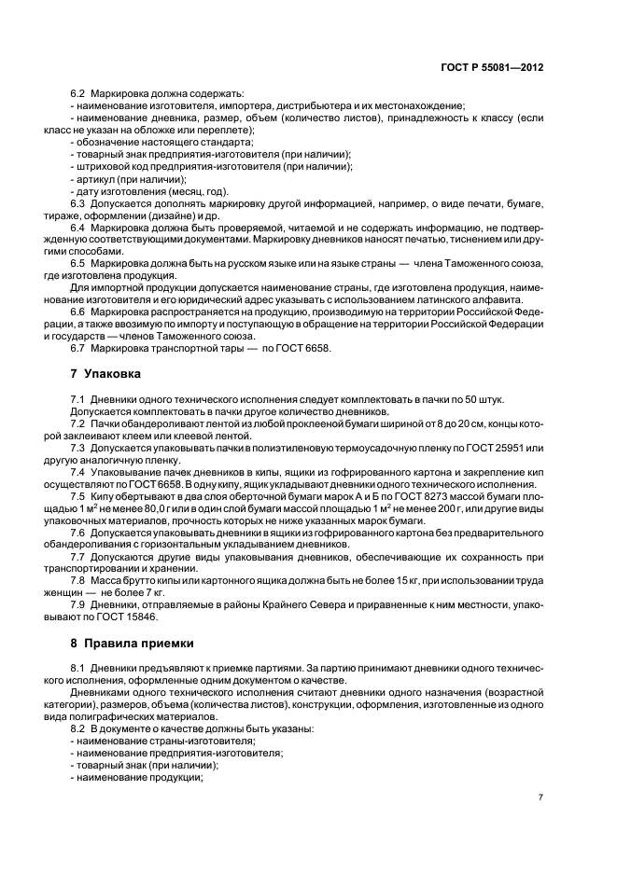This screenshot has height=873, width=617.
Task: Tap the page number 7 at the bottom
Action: [540, 797]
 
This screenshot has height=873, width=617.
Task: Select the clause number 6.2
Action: [78, 94]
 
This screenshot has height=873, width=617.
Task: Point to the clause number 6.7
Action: [78, 349]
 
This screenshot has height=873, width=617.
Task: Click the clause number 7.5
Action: [78, 496]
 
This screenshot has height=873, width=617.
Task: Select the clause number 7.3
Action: [78, 448]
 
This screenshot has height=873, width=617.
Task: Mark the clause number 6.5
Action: [78, 264]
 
